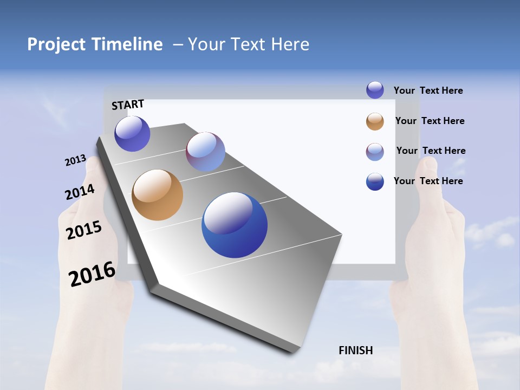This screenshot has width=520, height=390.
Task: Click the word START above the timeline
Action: point(128,105)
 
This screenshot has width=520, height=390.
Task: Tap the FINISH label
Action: point(356,350)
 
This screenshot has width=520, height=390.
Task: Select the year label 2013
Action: point(75,160)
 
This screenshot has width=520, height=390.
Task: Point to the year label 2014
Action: point(80,192)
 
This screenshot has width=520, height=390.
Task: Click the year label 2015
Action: point(84,230)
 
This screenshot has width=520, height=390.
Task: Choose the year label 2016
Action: point(92,274)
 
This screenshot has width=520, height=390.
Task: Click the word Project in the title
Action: point(56,44)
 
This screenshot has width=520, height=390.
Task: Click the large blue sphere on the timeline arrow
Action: point(235,225)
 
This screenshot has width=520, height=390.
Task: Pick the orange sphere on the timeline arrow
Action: point(157,195)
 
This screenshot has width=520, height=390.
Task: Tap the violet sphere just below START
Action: point(132,134)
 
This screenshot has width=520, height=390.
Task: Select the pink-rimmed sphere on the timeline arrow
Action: point(205,152)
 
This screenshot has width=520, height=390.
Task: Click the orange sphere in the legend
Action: point(375,121)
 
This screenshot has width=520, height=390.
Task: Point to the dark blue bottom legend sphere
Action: point(375,181)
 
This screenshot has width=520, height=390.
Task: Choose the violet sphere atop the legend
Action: point(375,90)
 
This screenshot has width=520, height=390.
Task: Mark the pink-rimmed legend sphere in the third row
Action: point(375,152)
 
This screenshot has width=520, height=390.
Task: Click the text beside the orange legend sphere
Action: point(430,121)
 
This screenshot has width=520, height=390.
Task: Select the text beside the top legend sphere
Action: point(428,90)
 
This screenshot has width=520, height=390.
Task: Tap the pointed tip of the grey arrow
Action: point(292,352)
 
